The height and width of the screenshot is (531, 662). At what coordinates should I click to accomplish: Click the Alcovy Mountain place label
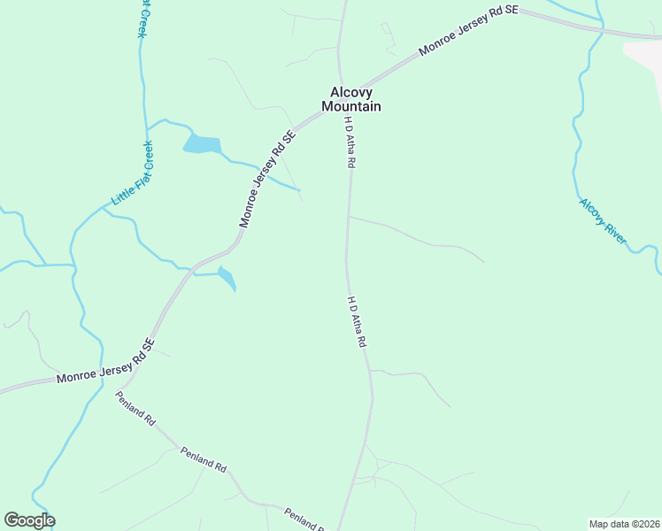pos(355,98)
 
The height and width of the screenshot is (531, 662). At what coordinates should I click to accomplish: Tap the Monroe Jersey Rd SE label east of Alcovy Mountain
pos(468,33)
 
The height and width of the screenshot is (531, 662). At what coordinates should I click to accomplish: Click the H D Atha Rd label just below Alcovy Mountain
pos(350,142)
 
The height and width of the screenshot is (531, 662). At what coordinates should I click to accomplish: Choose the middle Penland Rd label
pos(204,459)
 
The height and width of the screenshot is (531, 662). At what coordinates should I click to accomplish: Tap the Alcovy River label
pos(604,220)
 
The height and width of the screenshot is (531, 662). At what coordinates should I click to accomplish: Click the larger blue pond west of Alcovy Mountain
pos(202,144)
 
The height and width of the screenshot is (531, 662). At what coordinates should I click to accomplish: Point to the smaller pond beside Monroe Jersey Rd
pos(227,278)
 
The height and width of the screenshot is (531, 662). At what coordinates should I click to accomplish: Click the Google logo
pos(29,520)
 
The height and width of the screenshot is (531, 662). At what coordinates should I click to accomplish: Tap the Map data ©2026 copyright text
pos(625,524)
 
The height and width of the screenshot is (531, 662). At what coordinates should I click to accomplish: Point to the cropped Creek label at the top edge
pos(142,18)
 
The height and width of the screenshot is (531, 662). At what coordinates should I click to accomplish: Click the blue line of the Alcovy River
pos(578,133)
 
